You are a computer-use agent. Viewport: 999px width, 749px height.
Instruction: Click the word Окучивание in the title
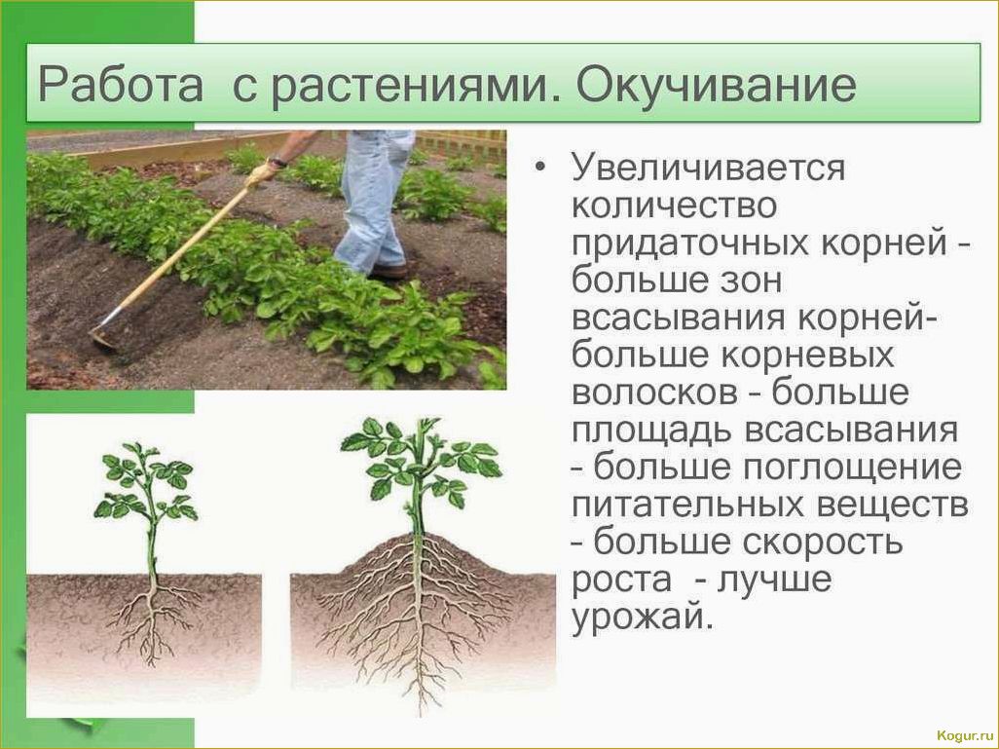716,84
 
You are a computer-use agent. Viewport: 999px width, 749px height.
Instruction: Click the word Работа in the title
121,84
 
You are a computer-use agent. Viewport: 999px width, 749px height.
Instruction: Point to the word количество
674,206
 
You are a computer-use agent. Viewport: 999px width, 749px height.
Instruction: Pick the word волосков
653,393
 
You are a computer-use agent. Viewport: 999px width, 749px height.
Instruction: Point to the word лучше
775,581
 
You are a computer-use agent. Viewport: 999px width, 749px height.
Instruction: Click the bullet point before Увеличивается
541,167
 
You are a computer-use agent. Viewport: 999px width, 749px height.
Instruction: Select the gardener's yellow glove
262,172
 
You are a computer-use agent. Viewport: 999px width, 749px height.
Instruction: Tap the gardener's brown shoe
388,272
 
